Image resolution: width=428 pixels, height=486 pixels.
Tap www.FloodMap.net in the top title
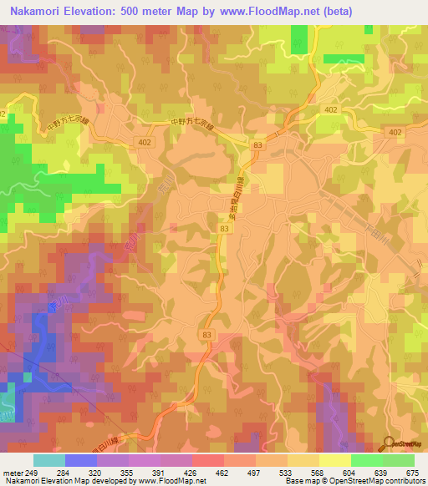click(255, 11)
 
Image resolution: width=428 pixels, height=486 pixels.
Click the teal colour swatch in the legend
click(48, 459)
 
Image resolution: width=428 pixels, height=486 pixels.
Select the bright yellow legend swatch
click(334, 459)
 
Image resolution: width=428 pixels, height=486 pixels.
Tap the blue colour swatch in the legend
click(80, 459)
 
